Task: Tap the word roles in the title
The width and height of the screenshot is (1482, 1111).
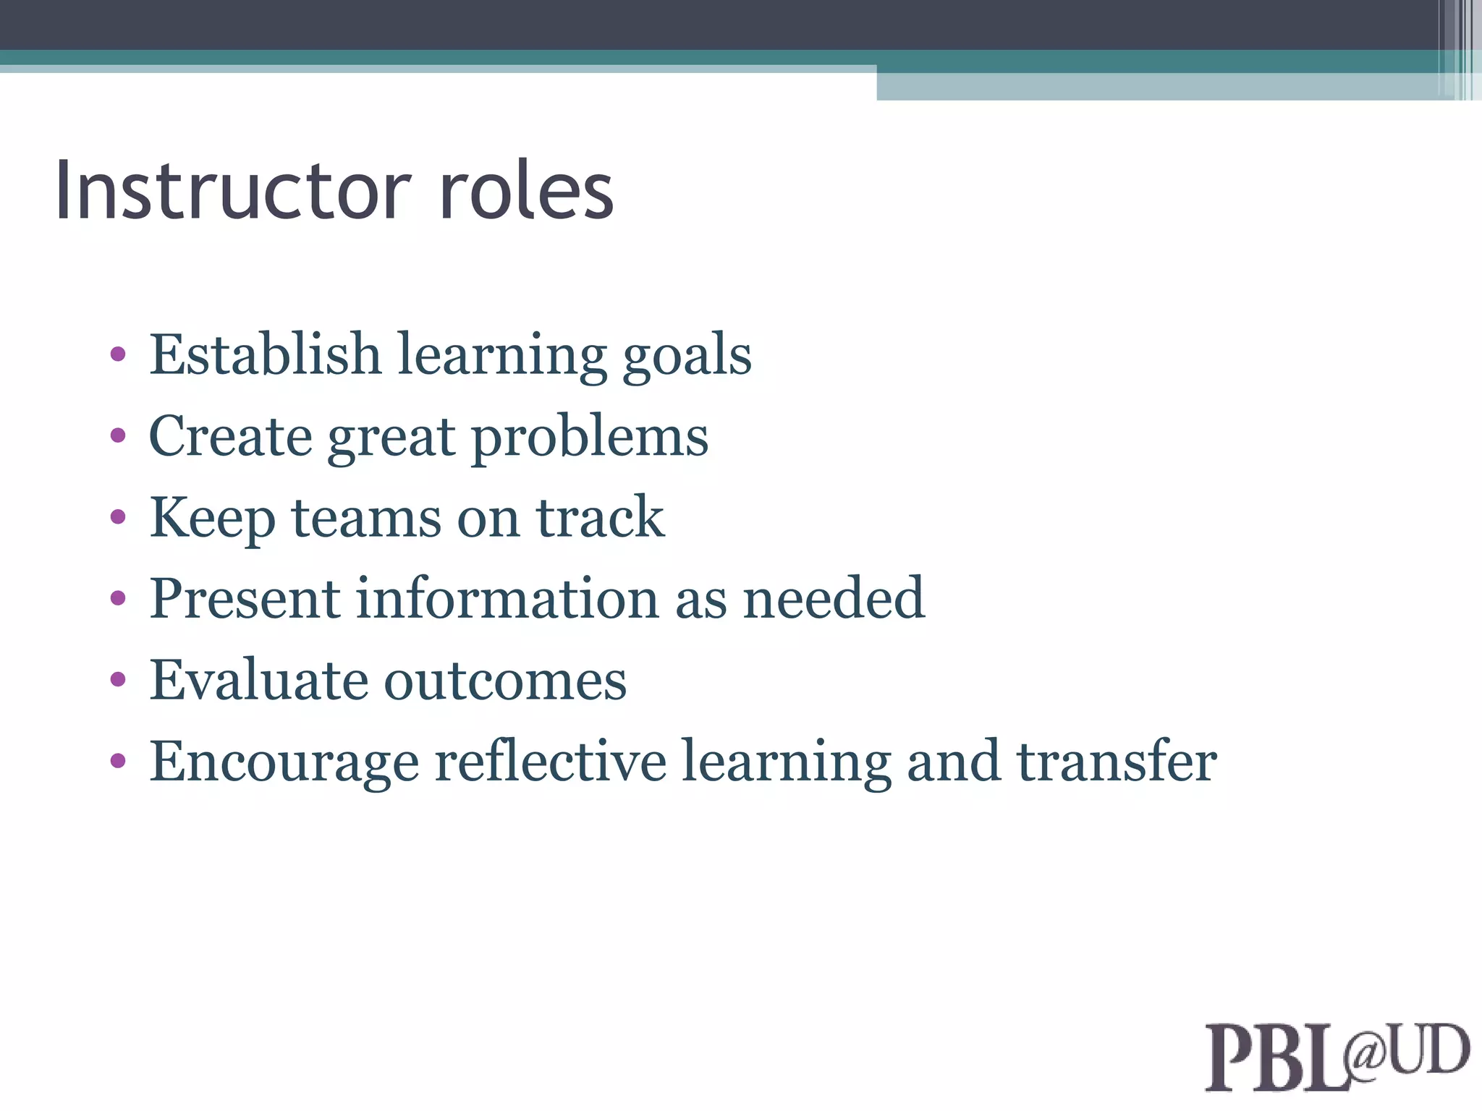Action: (527, 190)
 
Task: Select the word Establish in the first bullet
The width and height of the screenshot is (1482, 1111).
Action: (265, 354)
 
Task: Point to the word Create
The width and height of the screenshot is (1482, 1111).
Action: (230, 436)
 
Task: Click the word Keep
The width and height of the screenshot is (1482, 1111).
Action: (212, 518)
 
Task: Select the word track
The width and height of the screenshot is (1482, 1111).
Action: (600, 518)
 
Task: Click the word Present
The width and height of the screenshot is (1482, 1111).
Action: (245, 599)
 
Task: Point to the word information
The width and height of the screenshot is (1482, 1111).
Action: (507, 599)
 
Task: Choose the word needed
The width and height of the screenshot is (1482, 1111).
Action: (834, 599)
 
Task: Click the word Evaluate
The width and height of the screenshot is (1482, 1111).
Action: (258, 681)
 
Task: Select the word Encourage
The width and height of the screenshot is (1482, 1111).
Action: (284, 762)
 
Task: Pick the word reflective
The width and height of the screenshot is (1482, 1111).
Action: (550, 761)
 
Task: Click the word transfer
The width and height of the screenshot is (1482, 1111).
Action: (1117, 761)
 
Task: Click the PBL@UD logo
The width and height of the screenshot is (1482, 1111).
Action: (1337, 1055)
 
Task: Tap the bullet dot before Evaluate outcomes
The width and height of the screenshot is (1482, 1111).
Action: (118, 680)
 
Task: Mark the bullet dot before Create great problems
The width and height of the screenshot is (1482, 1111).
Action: (118, 435)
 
